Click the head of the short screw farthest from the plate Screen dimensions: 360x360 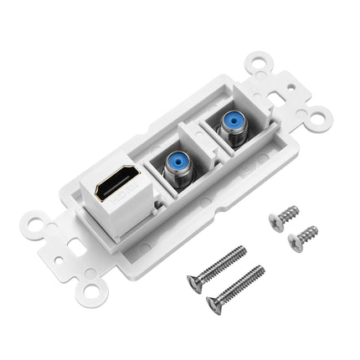294,242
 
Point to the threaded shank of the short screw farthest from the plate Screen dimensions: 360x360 309,231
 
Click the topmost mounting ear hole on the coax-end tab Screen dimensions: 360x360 256,60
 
